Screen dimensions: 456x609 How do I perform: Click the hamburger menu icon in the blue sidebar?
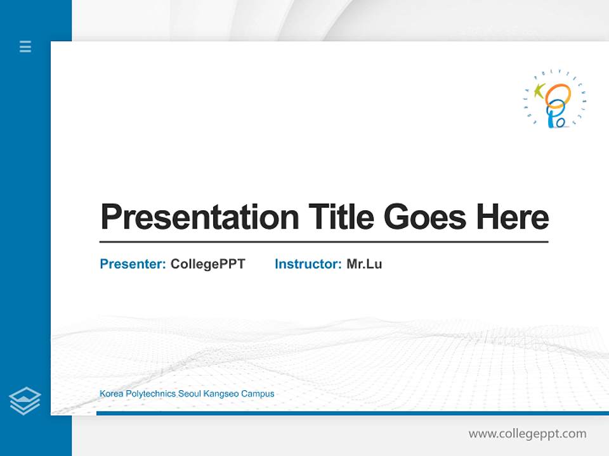(25, 46)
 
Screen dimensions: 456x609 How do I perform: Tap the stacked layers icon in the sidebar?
(25, 401)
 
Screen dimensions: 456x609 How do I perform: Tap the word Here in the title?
(512, 217)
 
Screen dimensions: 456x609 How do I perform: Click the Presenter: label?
(133, 264)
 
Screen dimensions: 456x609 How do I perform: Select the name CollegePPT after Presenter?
(207, 264)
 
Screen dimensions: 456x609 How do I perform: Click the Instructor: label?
(308, 264)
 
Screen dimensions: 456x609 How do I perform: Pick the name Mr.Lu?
(364, 264)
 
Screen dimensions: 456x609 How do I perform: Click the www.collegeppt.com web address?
(527, 434)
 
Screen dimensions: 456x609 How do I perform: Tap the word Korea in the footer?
(111, 394)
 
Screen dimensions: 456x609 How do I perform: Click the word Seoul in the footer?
(189, 394)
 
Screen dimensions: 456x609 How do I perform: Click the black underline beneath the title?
(324, 241)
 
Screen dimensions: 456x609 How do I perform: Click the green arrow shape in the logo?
(540, 91)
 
